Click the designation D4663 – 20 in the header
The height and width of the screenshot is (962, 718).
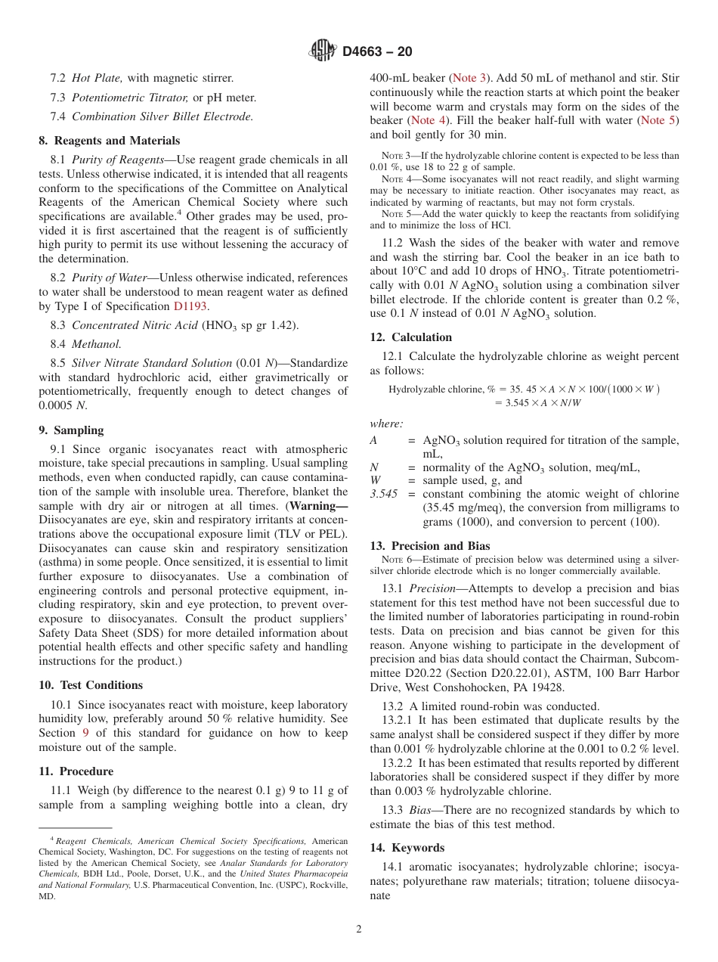[377, 52]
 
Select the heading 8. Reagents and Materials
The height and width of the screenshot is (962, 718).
[109, 141]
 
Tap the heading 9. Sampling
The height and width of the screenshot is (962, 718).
[71, 430]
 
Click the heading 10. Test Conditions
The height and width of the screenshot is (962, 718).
[91, 685]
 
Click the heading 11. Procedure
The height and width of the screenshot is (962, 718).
[76, 771]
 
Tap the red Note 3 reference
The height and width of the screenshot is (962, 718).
[469, 78]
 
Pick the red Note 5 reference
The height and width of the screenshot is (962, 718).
[658, 120]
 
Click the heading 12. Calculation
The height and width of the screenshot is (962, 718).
[410, 337]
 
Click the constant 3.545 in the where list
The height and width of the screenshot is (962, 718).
[383, 494]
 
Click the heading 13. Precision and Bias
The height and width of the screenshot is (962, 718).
[429, 546]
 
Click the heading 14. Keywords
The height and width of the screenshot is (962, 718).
[407, 848]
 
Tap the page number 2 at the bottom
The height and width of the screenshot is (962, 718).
[359, 929]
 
